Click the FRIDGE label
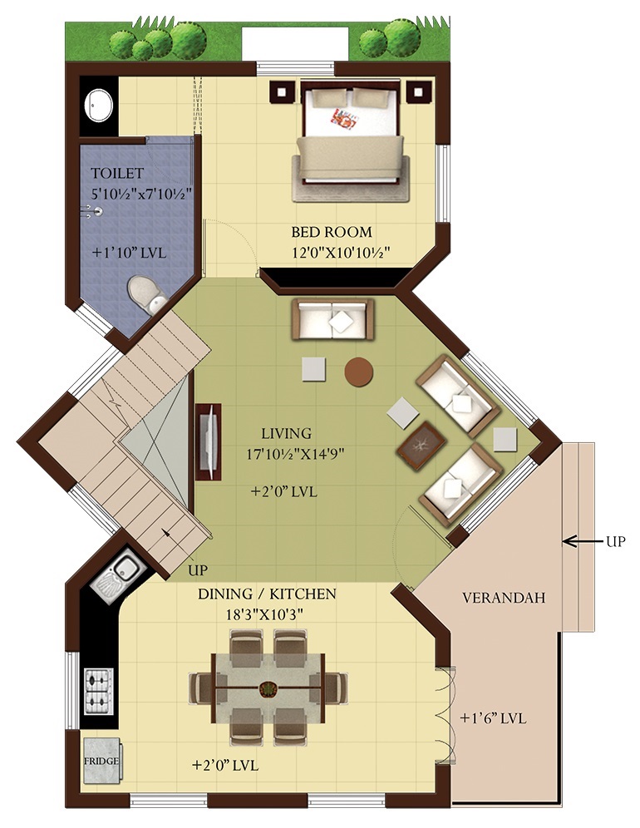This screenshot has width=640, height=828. coord(101,761)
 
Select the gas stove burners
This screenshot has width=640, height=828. coord(99,691)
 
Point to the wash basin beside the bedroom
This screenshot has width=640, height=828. coord(99,106)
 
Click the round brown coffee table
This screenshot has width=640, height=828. coord(358,372)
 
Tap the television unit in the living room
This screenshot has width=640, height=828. coord(209,442)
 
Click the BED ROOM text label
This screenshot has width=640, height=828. coord(331,232)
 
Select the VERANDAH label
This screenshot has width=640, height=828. coord(503,598)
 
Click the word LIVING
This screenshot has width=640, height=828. coord(286,434)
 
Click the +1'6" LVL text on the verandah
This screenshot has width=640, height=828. coord(493,718)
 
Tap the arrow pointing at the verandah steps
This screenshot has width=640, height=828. coord(583,540)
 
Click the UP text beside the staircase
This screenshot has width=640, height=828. coord(198,570)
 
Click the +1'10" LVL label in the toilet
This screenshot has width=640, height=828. coord(129,253)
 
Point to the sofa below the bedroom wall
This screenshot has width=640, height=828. coord(332,319)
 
